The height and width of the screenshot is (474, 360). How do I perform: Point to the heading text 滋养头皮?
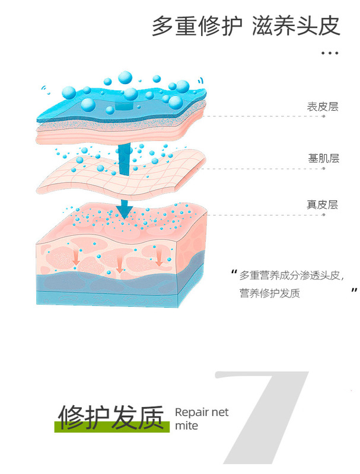[x=296, y=27]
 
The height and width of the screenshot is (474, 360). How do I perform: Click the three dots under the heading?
[x=329, y=53]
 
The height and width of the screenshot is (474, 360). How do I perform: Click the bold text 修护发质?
[x=110, y=417]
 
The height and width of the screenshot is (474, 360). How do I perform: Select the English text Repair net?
[x=202, y=413]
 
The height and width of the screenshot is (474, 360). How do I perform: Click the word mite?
[x=187, y=426]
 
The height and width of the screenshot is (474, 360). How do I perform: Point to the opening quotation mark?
[x=233, y=273]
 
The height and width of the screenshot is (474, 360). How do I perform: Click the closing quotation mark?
[x=354, y=290]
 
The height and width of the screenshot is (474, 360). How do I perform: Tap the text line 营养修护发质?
[x=270, y=293]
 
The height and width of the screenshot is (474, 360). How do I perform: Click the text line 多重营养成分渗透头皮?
[x=292, y=276]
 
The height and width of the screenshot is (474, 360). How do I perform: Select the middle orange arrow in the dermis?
[x=120, y=265]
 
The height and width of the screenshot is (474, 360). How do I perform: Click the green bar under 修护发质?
[x=113, y=427]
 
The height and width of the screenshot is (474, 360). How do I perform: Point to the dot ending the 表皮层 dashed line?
[x=324, y=116]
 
